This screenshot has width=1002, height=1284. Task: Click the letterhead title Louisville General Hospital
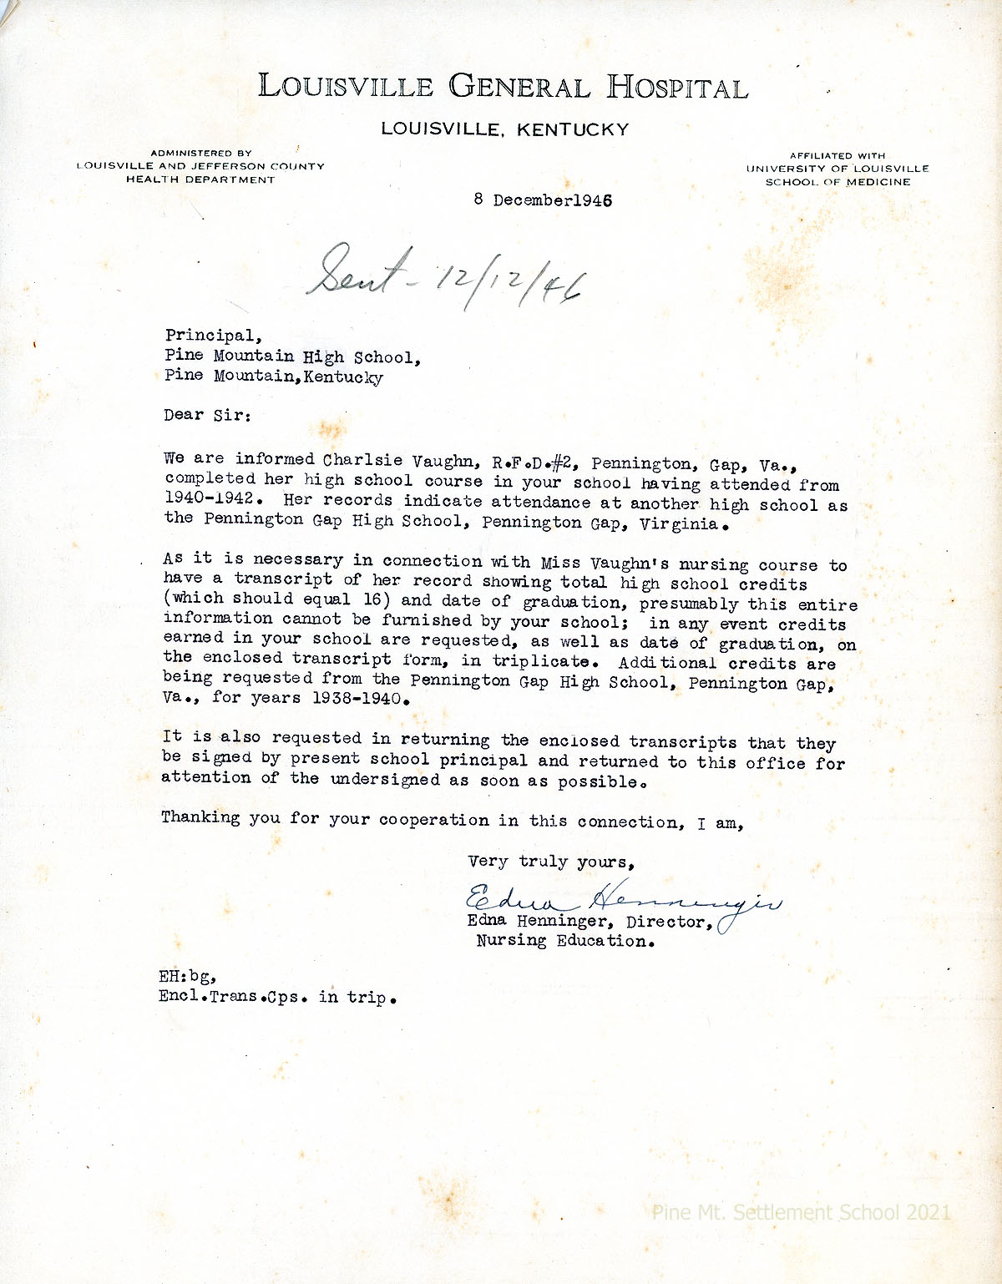pos(503,87)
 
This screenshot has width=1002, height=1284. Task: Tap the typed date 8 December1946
pos(543,200)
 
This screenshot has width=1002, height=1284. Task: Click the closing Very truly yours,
pos(551,862)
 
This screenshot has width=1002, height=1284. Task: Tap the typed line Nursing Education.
pos(564,942)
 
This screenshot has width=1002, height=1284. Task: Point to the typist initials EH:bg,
pos(188,976)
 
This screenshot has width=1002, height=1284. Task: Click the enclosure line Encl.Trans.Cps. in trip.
pos(276,997)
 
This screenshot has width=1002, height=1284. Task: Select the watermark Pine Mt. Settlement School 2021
pos(801,1212)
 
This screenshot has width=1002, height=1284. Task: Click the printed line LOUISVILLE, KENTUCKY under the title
pos(504,129)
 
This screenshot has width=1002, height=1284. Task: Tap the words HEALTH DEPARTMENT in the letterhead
pos(200,179)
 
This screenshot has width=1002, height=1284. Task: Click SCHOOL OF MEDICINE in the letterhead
pos(838,182)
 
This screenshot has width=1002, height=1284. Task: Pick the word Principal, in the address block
pos(213,336)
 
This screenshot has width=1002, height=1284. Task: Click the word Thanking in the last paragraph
pos(200,817)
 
